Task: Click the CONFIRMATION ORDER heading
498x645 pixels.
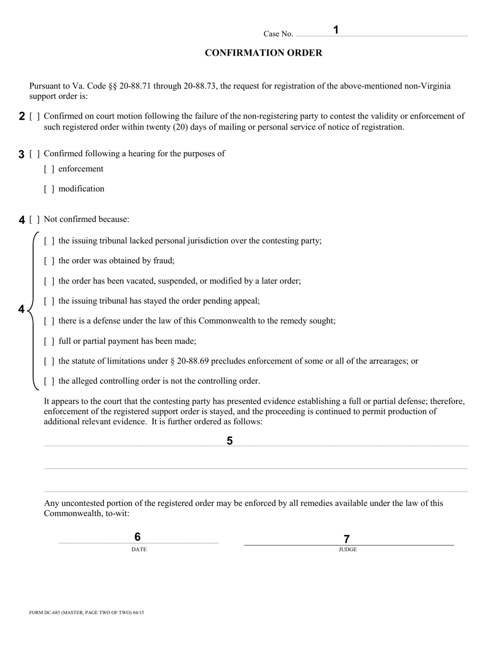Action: click(x=263, y=53)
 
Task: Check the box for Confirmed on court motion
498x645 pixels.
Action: click(x=35, y=116)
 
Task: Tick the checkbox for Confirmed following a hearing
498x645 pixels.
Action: click(x=35, y=154)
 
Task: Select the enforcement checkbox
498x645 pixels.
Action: click(x=49, y=169)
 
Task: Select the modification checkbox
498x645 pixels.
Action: click(x=49, y=189)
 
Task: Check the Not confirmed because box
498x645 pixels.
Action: click(x=35, y=220)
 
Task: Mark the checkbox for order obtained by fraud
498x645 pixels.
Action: click(x=49, y=261)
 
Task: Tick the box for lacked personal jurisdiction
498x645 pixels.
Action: click(x=49, y=241)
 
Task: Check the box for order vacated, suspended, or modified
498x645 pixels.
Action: click(x=49, y=281)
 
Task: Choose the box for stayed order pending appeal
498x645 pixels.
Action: click(x=49, y=302)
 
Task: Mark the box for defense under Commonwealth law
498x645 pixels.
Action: click(x=49, y=321)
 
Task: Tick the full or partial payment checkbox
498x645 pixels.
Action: click(x=49, y=341)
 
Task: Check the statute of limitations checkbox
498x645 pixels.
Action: click(x=49, y=361)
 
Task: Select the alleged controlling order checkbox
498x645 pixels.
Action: click(x=49, y=381)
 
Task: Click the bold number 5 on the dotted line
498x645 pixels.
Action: click(x=230, y=441)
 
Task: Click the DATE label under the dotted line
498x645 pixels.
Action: click(x=139, y=550)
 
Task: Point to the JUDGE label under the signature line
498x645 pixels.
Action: click(x=348, y=550)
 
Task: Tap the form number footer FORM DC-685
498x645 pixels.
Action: click(x=86, y=612)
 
